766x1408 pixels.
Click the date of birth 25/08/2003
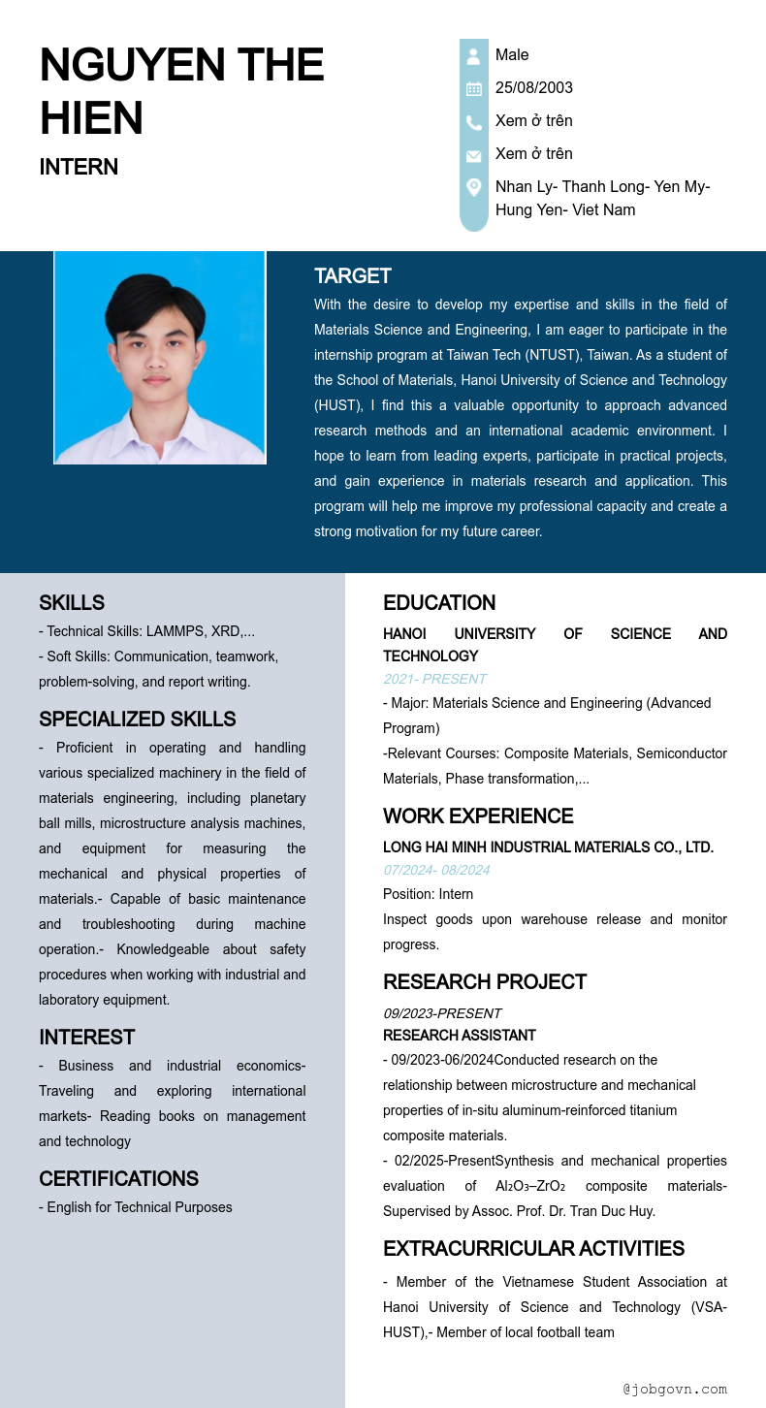[533, 88]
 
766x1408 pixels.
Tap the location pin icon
[473, 187]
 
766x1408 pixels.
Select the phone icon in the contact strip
[473, 122]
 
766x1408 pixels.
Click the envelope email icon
[473, 155]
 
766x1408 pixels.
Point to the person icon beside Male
[473, 56]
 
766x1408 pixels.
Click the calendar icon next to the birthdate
[473, 89]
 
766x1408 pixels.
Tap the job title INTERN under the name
[79, 167]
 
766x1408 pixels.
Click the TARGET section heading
[352, 276]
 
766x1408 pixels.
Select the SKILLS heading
[72, 603]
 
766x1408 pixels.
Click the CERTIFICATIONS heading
[118, 1179]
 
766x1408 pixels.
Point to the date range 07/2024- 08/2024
[436, 870]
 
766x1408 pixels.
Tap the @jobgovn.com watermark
[675, 1390]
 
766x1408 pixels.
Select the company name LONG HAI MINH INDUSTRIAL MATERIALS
[548, 848]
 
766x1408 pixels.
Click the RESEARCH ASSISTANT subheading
[460, 1036]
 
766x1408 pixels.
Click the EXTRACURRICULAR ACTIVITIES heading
[533, 1249]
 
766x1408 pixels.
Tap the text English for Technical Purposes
[140, 1207]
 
